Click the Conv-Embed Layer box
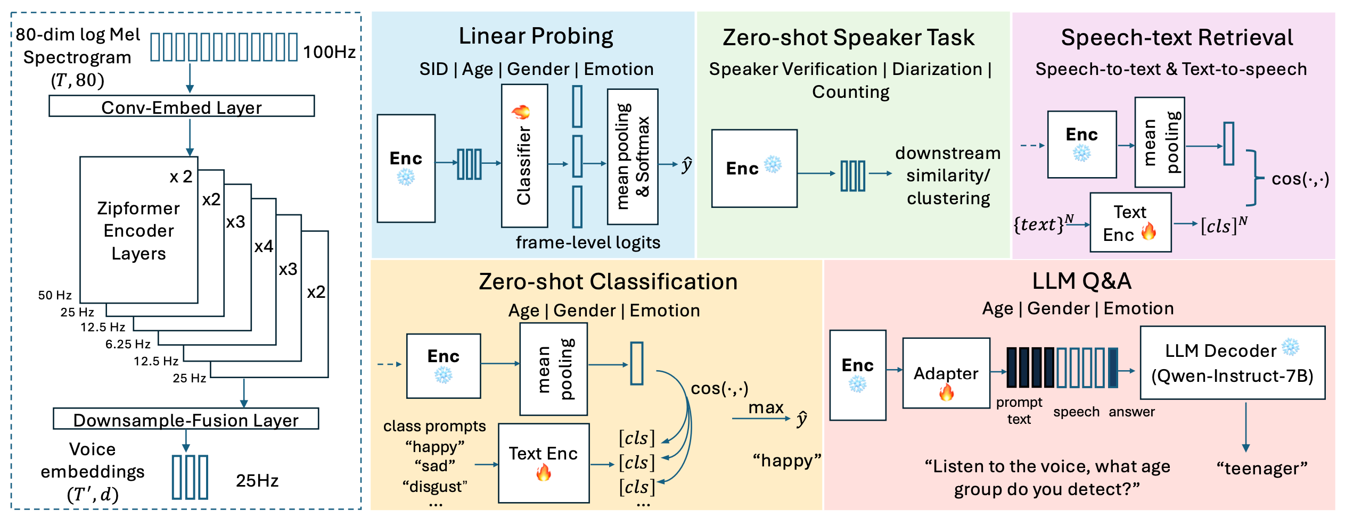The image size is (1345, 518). [182, 106]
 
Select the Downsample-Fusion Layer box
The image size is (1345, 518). [186, 419]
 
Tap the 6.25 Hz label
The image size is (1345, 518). [128, 344]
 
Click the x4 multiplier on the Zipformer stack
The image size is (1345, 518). [264, 246]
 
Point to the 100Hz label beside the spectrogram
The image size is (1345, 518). [329, 52]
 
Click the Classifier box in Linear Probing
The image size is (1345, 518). [524, 155]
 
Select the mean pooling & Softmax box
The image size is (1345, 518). [633, 156]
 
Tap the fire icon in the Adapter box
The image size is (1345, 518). [946, 393]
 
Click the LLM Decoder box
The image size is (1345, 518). [1232, 363]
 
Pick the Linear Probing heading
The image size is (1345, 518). [536, 36]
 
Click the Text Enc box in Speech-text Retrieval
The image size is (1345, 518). [1130, 222]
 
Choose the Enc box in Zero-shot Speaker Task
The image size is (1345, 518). [754, 168]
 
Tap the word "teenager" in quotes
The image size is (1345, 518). [1262, 469]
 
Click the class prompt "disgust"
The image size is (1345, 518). [435, 487]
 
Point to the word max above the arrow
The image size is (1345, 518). [766, 407]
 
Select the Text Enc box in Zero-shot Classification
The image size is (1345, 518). [544, 463]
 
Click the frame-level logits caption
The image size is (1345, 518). [588, 243]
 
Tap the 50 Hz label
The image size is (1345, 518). [55, 295]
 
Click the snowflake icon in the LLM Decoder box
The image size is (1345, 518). [1291, 347]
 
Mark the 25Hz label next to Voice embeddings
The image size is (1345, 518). [257, 481]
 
